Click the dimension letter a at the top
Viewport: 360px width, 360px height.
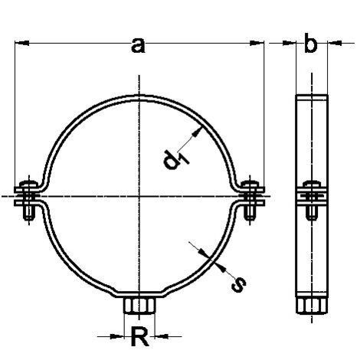(138, 47)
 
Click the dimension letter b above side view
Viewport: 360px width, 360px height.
(310, 45)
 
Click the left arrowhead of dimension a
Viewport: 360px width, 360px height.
(21, 43)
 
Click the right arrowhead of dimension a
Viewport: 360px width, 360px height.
(258, 43)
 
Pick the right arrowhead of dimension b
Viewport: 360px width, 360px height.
(329, 43)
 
